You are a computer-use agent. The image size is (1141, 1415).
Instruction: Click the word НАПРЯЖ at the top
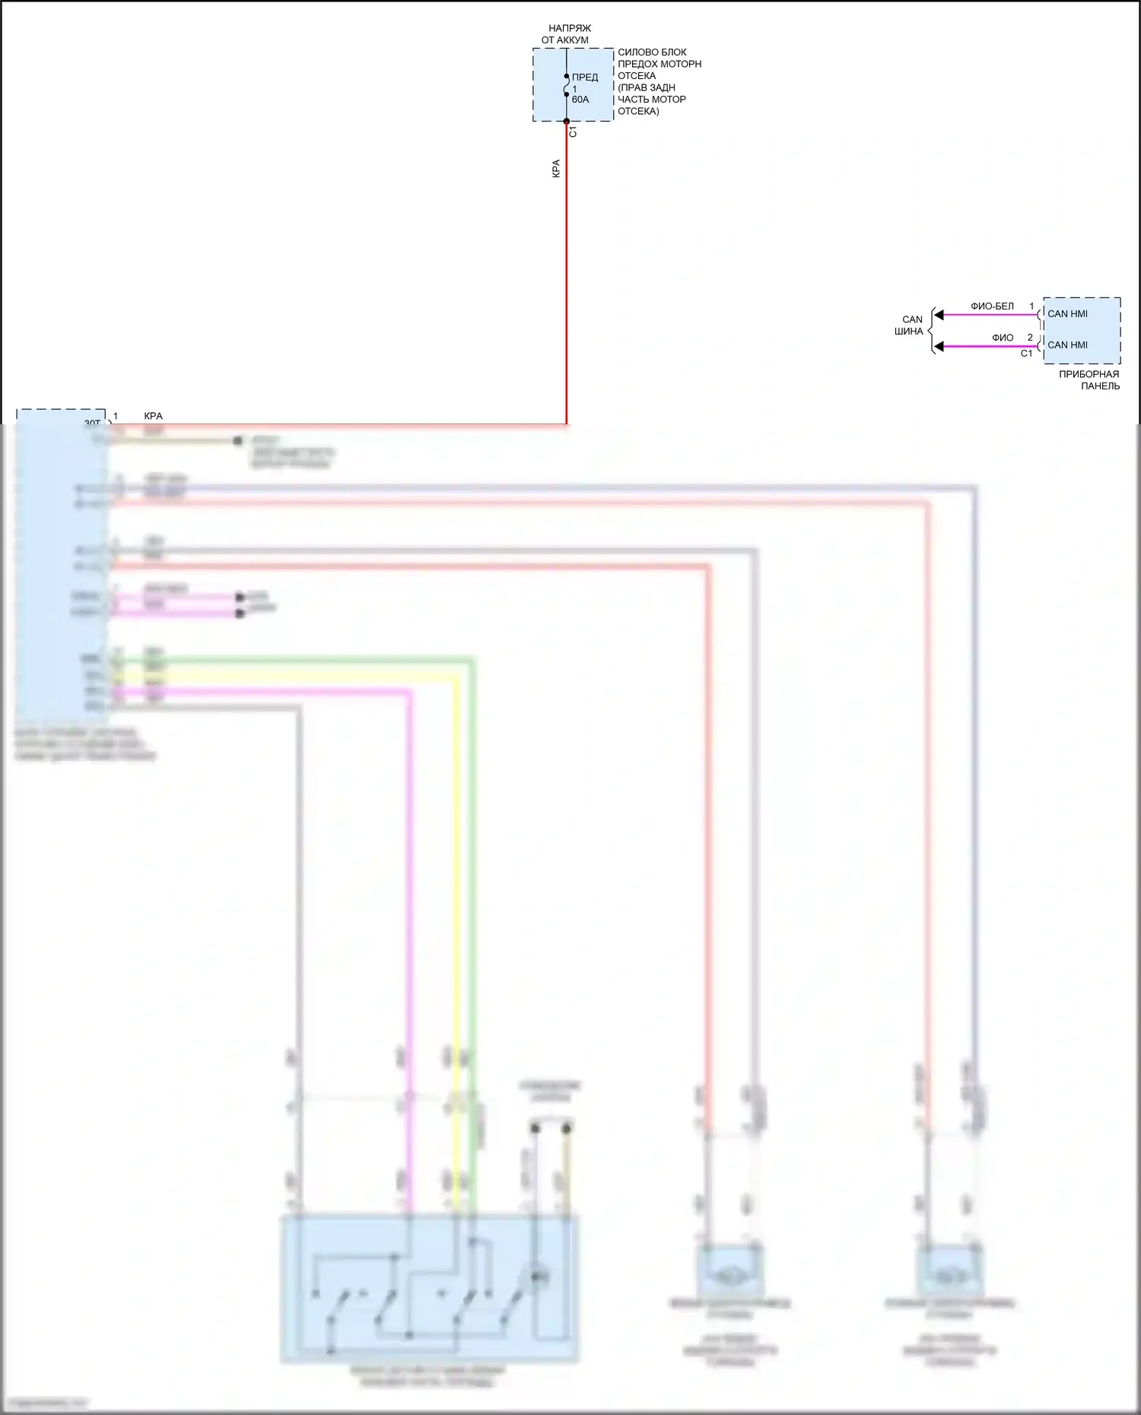click(x=569, y=28)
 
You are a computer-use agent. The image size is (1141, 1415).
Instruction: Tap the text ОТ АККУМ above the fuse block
click(x=564, y=40)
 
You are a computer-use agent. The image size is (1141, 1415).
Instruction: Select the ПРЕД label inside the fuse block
click(x=585, y=77)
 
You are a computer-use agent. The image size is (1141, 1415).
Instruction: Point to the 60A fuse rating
click(x=580, y=100)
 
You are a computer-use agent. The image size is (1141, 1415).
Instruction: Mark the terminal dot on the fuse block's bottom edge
click(x=567, y=121)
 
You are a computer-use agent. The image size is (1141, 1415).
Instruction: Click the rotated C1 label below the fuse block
click(x=574, y=132)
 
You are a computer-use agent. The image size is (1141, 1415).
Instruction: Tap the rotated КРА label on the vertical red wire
click(x=556, y=169)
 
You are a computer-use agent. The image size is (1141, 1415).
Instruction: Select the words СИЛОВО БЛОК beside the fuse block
click(x=652, y=52)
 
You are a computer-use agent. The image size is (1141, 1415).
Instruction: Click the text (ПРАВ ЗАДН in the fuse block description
click(x=646, y=87)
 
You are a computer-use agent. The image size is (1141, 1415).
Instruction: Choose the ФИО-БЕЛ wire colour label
click(x=992, y=306)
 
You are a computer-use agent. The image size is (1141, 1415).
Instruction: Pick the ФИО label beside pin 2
click(x=1002, y=338)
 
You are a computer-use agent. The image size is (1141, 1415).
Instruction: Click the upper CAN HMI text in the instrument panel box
click(x=1067, y=313)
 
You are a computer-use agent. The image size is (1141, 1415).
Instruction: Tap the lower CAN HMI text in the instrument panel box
click(x=1067, y=344)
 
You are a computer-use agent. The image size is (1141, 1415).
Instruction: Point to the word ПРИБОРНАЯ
click(x=1089, y=374)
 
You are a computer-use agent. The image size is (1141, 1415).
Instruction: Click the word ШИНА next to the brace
click(x=909, y=332)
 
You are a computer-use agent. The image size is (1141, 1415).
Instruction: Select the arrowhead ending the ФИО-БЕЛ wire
click(x=939, y=315)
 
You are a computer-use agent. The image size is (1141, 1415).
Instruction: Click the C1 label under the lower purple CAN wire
click(x=1026, y=354)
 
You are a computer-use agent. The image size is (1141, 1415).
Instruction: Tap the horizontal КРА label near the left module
click(x=153, y=416)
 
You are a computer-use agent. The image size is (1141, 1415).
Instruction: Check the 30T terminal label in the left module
click(x=92, y=424)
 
